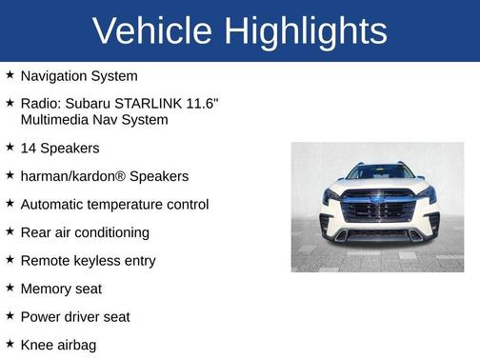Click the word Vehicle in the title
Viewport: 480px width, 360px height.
(x=152, y=30)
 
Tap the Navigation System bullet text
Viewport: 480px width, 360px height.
(x=79, y=75)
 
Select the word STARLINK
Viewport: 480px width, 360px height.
(x=149, y=103)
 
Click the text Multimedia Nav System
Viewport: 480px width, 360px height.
(x=94, y=119)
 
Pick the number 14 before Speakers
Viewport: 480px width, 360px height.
(x=29, y=149)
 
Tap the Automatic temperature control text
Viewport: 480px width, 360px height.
(x=114, y=204)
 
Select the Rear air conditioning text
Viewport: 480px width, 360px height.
(x=85, y=232)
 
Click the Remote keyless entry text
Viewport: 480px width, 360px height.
(x=88, y=260)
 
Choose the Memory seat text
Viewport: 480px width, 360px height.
(x=61, y=289)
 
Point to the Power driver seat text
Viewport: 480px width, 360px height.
(x=75, y=316)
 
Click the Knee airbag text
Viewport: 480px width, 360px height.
(x=58, y=345)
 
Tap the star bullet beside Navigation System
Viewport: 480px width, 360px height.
(x=10, y=74)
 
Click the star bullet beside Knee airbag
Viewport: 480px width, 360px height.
(x=10, y=344)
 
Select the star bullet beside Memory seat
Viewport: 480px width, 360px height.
(x=10, y=288)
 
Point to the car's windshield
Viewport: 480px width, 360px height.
(x=380, y=173)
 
